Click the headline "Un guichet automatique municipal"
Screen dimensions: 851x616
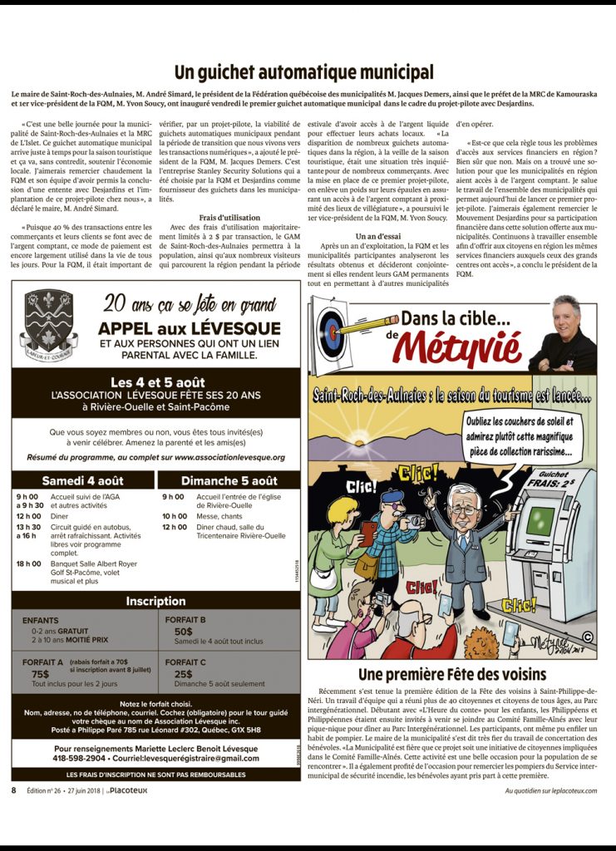(x=303, y=72)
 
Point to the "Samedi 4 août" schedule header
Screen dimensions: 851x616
(x=83, y=480)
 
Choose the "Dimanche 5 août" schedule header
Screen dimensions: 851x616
(x=229, y=480)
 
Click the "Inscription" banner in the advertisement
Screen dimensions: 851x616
(x=155, y=601)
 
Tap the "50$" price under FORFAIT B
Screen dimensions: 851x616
(x=183, y=632)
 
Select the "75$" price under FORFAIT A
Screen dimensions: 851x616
(x=40, y=674)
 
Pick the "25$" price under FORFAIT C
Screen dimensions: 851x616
(x=183, y=674)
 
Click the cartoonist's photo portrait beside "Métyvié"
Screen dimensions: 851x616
(x=564, y=332)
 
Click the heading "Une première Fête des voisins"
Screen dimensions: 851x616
(x=452, y=673)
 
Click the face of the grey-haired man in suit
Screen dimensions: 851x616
(x=463, y=502)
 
